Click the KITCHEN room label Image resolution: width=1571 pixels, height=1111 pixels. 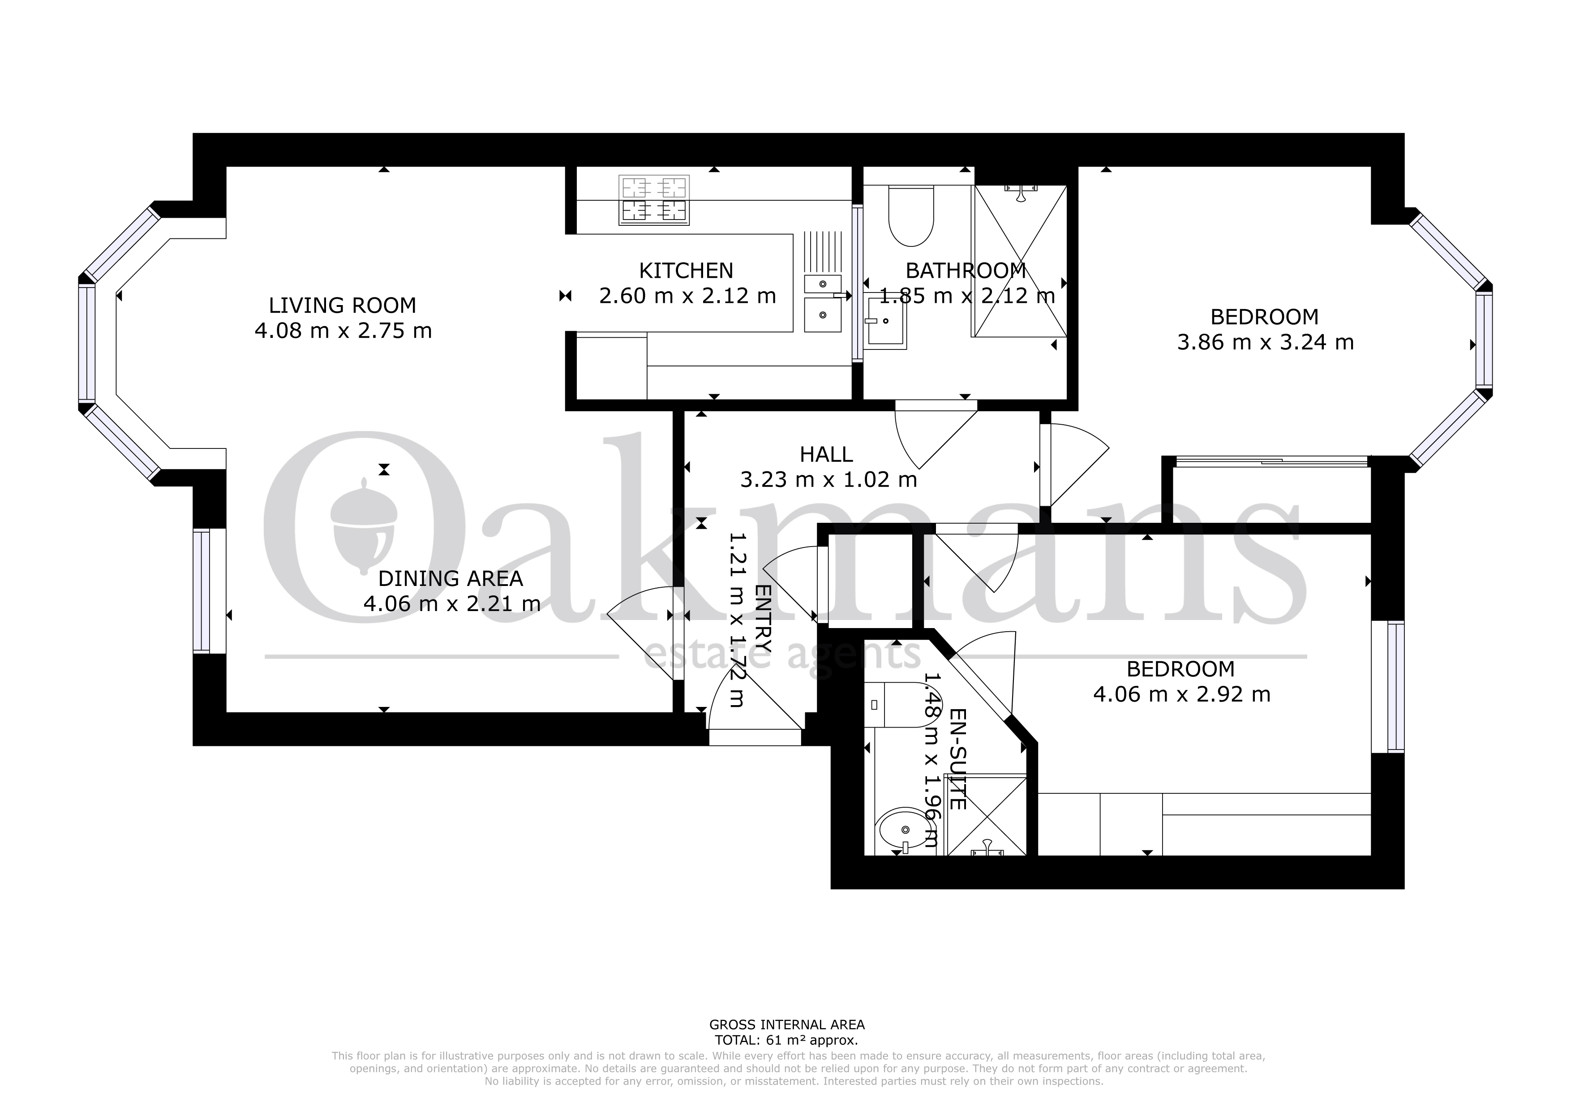click(x=686, y=271)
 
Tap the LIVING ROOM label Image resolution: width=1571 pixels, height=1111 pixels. click(x=342, y=306)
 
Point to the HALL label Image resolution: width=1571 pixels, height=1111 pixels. click(x=827, y=455)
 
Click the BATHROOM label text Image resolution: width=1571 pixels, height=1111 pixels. click(x=966, y=271)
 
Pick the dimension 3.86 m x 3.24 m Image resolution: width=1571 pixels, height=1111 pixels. click(x=1265, y=342)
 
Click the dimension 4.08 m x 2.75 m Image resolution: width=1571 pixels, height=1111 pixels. click(x=343, y=332)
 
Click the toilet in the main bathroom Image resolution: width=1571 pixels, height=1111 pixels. click(x=911, y=215)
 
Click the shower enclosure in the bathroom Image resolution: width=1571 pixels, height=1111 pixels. click(x=1020, y=261)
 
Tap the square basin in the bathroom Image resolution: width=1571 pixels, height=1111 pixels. click(x=885, y=322)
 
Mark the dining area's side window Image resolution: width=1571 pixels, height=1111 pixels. click(x=201, y=591)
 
